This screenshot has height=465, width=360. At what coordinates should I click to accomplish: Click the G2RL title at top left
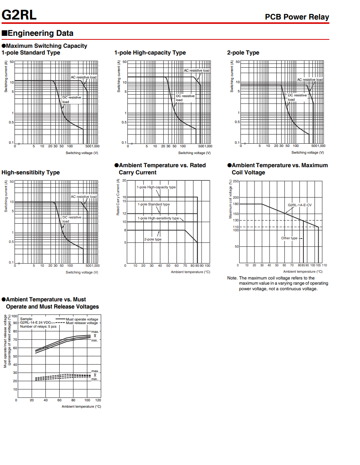tap(19, 15)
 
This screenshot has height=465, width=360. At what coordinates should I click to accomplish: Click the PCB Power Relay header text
tap(297, 17)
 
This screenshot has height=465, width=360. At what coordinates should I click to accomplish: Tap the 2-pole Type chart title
tap(243, 53)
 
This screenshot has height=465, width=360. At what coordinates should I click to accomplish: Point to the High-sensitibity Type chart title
tap(31, 172)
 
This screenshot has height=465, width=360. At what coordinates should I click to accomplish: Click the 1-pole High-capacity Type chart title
tap(150, 53)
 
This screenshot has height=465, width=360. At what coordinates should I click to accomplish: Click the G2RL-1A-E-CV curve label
tap(299, 205)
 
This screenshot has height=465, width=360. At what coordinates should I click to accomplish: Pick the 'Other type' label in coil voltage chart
tap(289, 238)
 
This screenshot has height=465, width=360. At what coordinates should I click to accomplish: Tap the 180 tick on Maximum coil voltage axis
tap(236, 204)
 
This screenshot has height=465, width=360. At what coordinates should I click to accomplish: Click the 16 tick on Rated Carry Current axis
tap(124, 197)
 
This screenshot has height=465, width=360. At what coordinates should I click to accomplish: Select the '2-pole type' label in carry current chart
tap(153, 239)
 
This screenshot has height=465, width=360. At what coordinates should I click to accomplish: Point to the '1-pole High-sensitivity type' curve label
tap(158, 218)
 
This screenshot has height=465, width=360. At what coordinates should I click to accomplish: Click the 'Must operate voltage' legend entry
tap(82, 319)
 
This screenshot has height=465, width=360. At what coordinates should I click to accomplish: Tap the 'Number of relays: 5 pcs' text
tap(38, 326)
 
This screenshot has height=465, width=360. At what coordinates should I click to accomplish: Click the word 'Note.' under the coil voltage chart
tap(232, 278)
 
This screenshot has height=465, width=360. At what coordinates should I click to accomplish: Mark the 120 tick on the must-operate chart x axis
tap(98, 400)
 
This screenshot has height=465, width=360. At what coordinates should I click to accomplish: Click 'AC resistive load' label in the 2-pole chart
tap(310, 80)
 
